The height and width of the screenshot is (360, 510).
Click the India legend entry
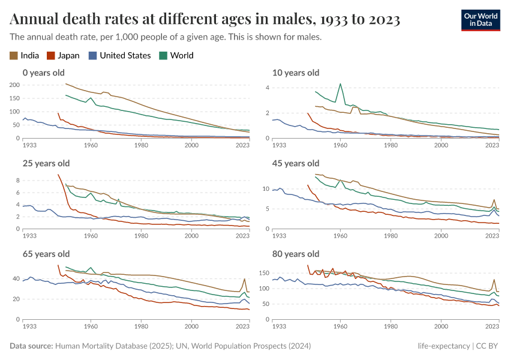click(x=25, y=56)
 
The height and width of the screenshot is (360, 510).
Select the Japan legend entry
click(x=63, y=56)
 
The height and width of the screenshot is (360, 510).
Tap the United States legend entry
click(x=119, y=56)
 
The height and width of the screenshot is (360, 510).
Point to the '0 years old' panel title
click(x=43, y=73)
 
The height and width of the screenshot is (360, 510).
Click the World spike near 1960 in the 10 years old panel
click(x=341, y=84)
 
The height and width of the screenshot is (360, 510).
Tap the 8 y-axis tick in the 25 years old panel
click(x=17, y=181)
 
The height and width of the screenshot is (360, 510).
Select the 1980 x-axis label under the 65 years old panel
click(x=141, y=326)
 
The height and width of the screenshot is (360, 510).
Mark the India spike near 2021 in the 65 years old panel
click(x=245, y=279)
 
